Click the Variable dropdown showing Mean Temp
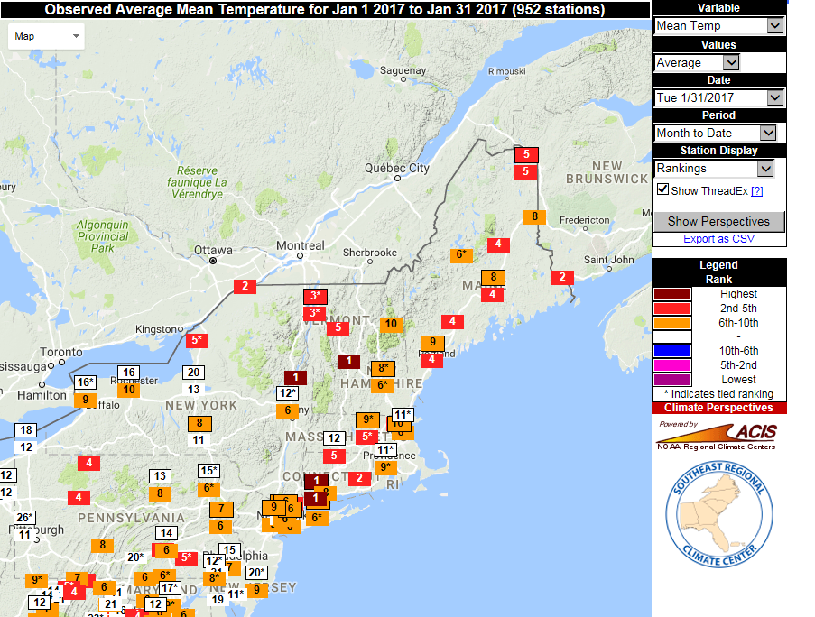(x=718, y=26)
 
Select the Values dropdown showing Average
(x=697, y=62)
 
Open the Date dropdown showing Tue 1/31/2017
(x=718, y=97)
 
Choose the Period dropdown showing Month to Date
(x=715, y=133)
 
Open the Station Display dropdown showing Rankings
(x=714, y=169)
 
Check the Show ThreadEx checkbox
(x=663, y=189)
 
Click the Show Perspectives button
(x=718, y=221)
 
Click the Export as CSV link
(x=718, y=239)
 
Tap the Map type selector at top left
(x=47, y=37)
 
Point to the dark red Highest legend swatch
(x=672, y=294)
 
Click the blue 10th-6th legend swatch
(x=672, y=351)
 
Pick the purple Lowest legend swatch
(x=672, y=380)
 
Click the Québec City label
(x=397, y=168)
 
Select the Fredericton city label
(x=585, y=220)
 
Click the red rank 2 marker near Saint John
(x=562, y=277)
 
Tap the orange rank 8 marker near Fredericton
(x=534, y=216)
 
